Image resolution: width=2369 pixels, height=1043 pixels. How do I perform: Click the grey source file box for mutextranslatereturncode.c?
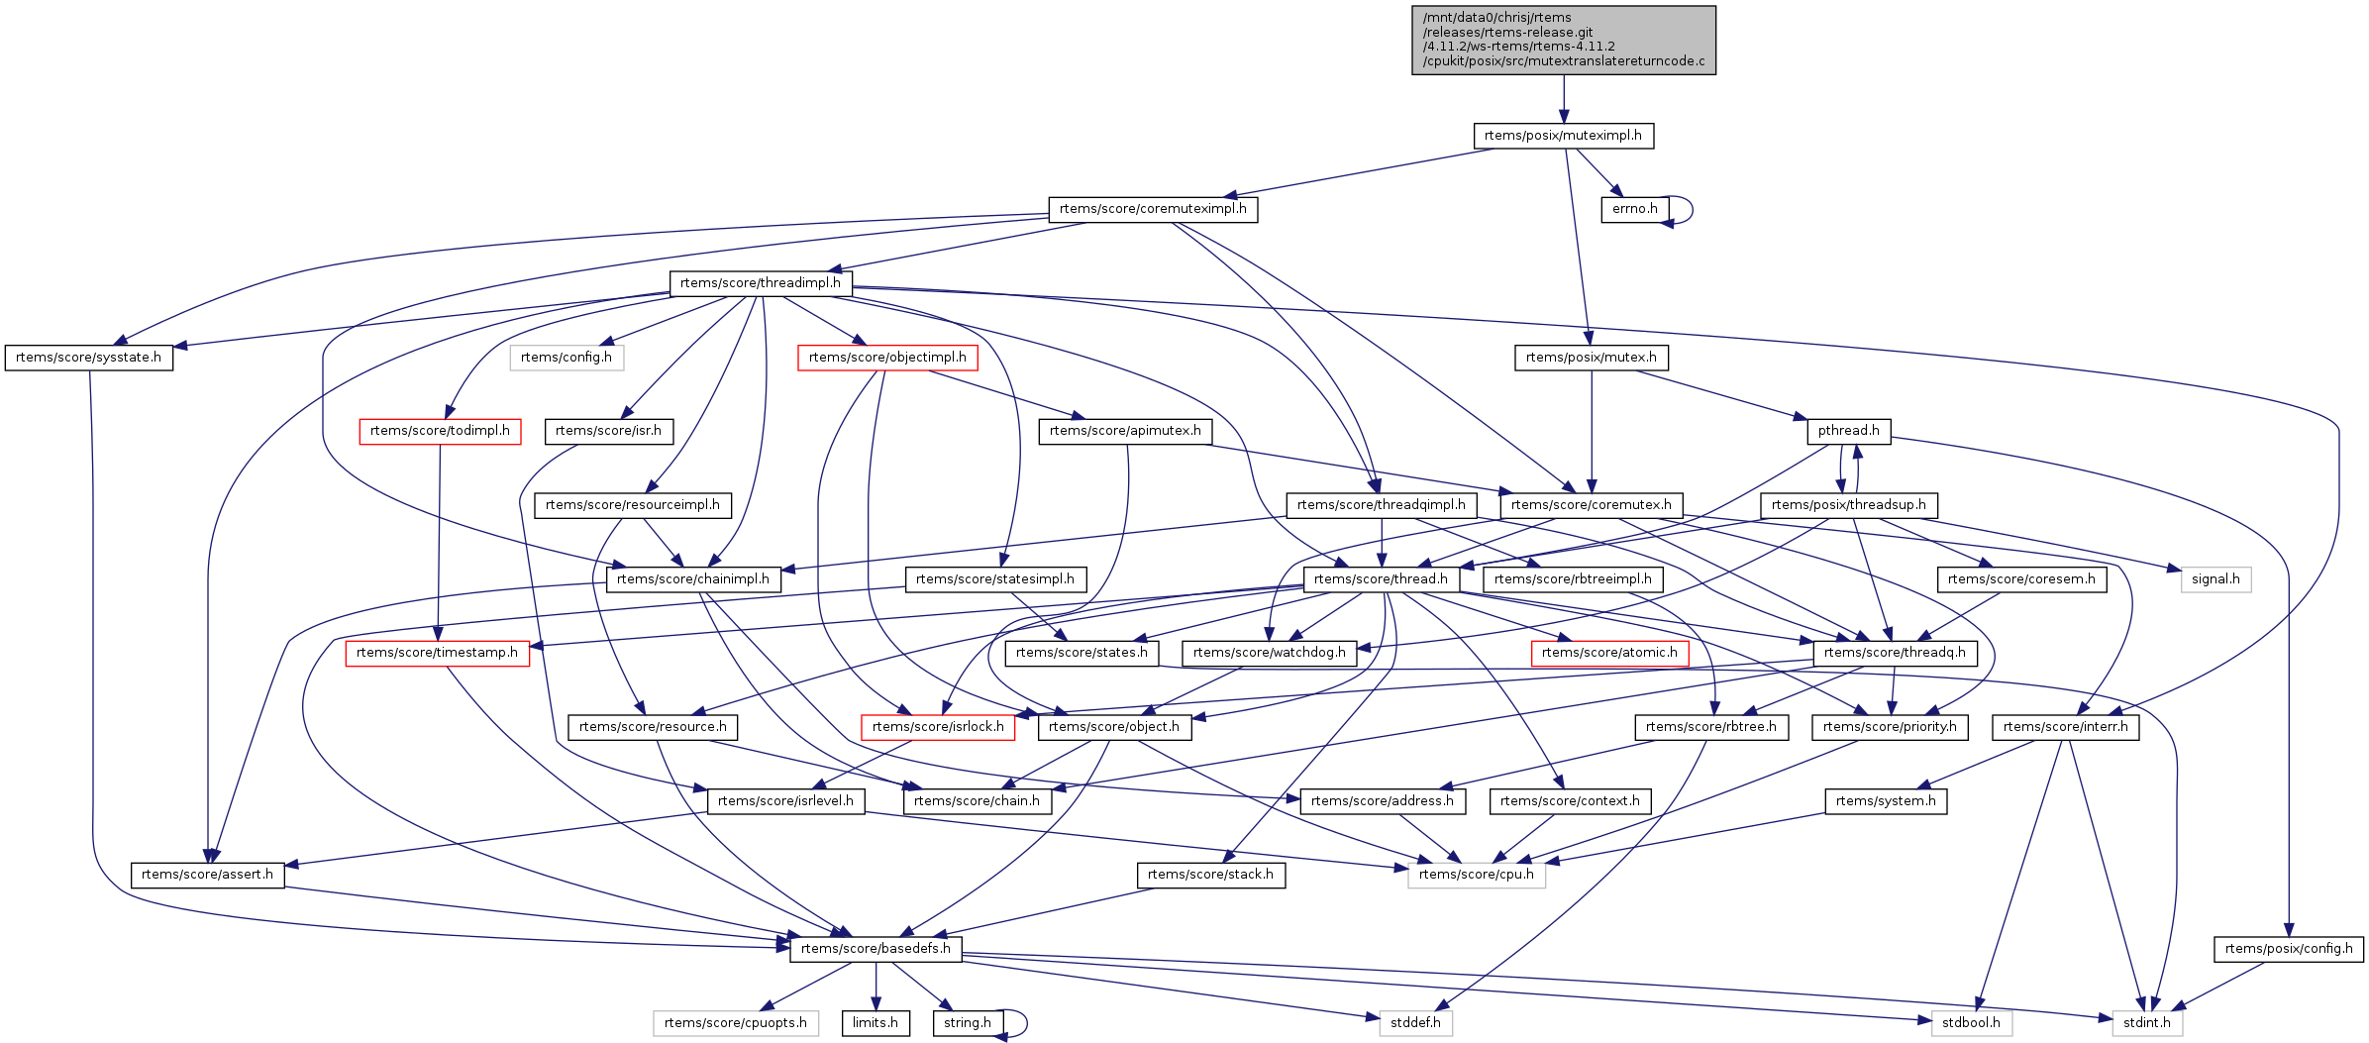click(x=1563, y=40)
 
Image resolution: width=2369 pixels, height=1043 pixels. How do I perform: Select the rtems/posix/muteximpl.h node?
click(x=1563, y=136)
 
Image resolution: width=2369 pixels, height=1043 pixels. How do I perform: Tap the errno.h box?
click(x=1634, y=209)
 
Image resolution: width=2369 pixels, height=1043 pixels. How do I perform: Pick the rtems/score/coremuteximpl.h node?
click(x=1153, y=209)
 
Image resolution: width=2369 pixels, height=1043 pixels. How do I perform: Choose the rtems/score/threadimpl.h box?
click(x=760, y=283)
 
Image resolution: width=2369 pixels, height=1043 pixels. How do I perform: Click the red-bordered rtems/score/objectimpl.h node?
click(x=887, y=358)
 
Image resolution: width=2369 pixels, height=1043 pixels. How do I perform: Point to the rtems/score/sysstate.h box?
click(x=88, y=358)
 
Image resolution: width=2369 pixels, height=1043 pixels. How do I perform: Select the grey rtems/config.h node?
click(x=566, y=358)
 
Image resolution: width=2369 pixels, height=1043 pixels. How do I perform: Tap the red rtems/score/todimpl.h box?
click(x=440, y=431)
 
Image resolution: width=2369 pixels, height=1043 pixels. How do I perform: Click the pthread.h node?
click(x=1848, y=431)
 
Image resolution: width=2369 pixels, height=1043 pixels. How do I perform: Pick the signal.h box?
click(x=2215, y=579)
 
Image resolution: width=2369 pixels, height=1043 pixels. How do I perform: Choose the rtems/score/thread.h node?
click(x=1381, y=579)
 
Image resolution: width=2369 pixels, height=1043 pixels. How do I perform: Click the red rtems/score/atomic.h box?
click(x=1609, y=653)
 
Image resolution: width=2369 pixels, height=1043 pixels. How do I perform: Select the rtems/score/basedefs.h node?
click(x=875, y=949)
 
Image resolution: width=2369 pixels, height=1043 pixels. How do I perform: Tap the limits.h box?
click(x=875, y=1023)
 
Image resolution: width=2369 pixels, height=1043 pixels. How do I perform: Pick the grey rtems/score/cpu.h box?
click(x=1476, y=875)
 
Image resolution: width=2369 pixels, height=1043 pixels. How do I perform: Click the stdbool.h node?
click(x=1971, y=1023)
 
